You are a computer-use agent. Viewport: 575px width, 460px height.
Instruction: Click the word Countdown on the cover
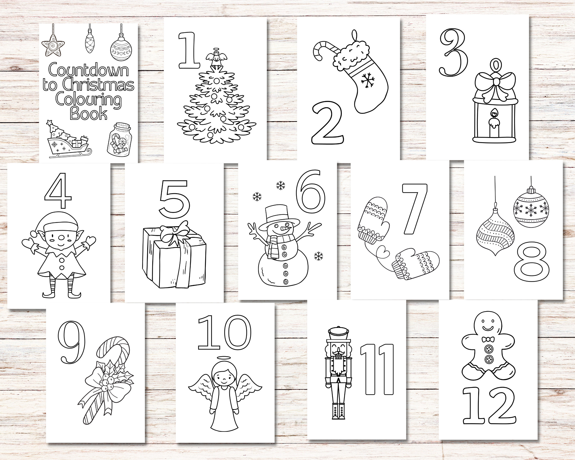click(88, 70)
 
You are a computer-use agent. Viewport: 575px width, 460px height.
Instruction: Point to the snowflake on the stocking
click(368, 80)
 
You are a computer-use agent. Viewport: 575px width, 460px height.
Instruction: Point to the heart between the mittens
click(383, 251)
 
